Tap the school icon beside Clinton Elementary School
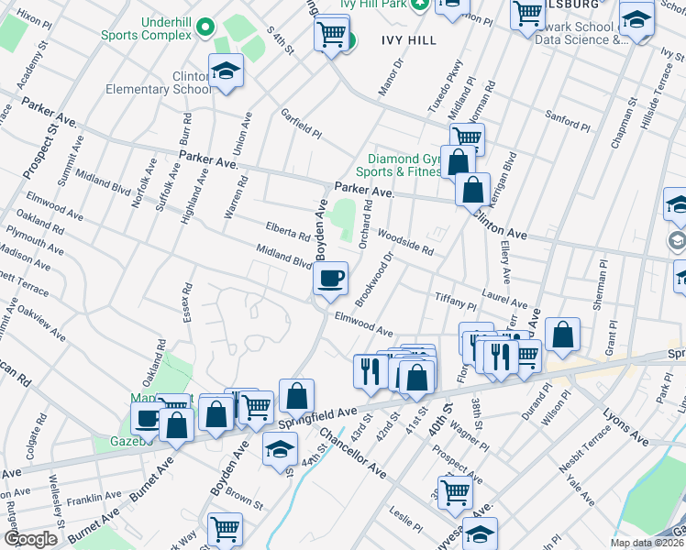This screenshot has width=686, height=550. pyautogui.click(x=224, y=71)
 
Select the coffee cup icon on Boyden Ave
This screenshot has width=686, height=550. pyautogui.click(x=330, y=277)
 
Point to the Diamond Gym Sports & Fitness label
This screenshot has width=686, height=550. pyautogui.click(x=404, y=165)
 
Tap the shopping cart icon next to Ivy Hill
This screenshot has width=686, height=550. pyautogui.click(x=331, y=35)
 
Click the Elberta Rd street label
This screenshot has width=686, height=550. pyautogui.click(x=287, y=230)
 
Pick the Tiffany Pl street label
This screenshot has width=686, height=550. pyautogui.click(x=456, y=302)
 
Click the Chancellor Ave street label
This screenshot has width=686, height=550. pyautogui.click(x=354, y=452)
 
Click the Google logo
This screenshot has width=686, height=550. pyautogui.click(x=30, y=539)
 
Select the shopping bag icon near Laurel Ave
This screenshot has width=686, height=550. pyautogui.click(x=562, y=335)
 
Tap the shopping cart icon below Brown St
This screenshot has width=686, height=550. pyautogui.click(x=225, y=530)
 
